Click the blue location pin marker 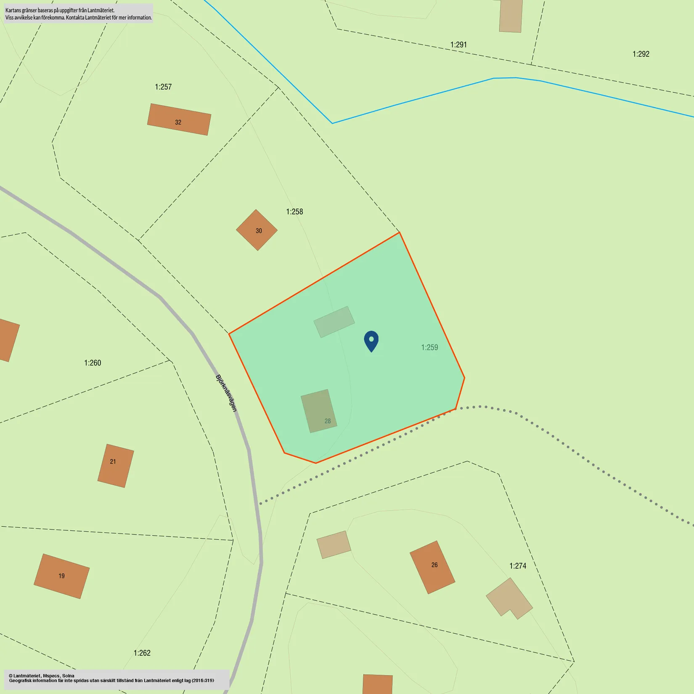click(x=371, y=340)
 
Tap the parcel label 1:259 click(x=429, y=347)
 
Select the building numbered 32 click(x=179, y=119)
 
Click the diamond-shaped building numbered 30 click(x=257, y=230)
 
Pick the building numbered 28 click(x=319, y=411)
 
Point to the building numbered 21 click(x=116, y=466)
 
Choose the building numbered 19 click(x=61, y=576)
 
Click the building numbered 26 click(x=432, y=567)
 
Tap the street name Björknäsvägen click(x=226, y=393)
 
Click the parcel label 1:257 click(x=163, y=87)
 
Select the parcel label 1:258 click(x=294, y=212)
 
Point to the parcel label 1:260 click(x=93, y=363)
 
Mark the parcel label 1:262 click(x=142, y=653)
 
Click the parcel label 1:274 click(x=517, y=566)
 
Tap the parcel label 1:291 click(x=458, y=45)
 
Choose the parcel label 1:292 click(x=641, y=54)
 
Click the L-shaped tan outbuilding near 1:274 click(x=509, y=598)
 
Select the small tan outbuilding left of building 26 click(x=334, y=544)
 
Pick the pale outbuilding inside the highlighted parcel click(x=334, y=322)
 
